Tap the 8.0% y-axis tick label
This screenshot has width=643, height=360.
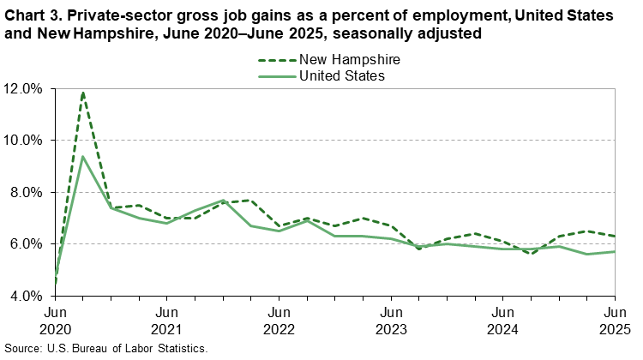point(27,192)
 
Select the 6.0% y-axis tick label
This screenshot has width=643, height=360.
point(27,244)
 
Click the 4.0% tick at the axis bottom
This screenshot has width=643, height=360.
point(27,296)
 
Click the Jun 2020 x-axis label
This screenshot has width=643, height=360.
point(55,320)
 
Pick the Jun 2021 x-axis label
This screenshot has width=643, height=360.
point(166,320)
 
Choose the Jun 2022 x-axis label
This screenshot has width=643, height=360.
point(278,320)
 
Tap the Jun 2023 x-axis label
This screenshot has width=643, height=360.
point(390,320)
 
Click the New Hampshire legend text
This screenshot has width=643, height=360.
point(349,60)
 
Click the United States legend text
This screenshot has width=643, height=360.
point(341,76)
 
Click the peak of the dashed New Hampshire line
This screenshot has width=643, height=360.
point(83,92)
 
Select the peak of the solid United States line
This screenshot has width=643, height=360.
point(83,156)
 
